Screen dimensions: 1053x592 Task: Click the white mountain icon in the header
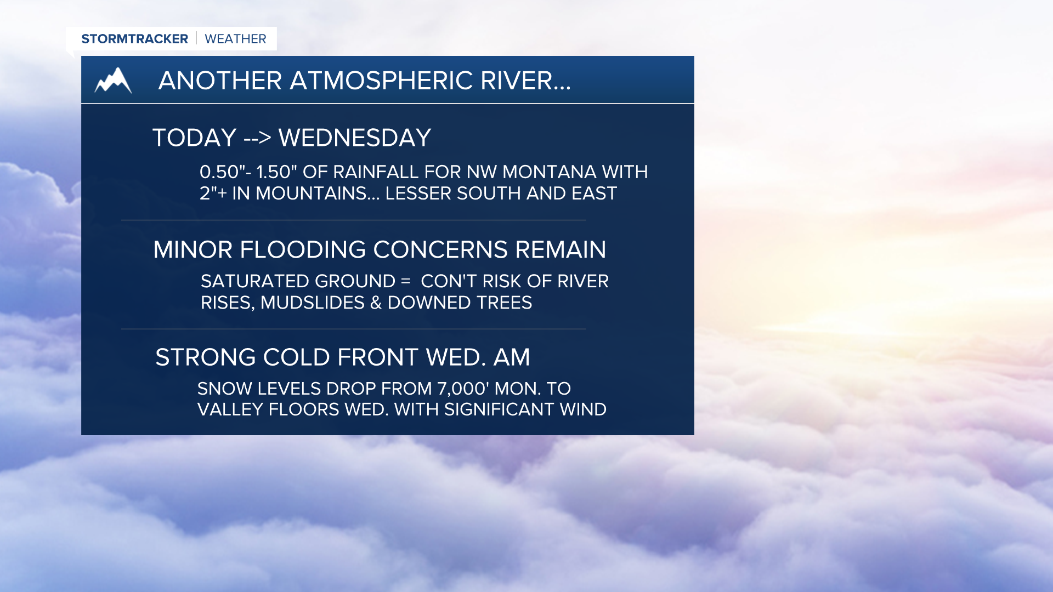pyautogui.click(x=113, y=80)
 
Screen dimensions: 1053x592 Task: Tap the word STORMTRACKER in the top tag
pyautogui.click(x=134, y=39)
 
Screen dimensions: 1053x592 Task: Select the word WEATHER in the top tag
pyautogui.click(x=235, y=39)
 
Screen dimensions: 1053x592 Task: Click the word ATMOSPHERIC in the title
pyautogui.click(x=381, y=81)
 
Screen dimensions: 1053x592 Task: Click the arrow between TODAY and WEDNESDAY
pyautogui.click(x=257, y=138)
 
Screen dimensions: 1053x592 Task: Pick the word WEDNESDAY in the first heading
pyautogui.click(x=355, y=138)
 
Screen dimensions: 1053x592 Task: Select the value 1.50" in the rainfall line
pyautogui.click(x=276, y=172)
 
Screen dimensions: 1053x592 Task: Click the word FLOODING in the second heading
pyautogui.click(x=303, y=250)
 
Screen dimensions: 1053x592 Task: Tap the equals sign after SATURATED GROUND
pyautogui.click(x=406, y=281)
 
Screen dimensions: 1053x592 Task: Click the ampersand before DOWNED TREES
pyautogui.click(x=376, y=303)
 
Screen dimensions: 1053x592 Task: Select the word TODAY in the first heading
pyautogui.click(x=195, y=138)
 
